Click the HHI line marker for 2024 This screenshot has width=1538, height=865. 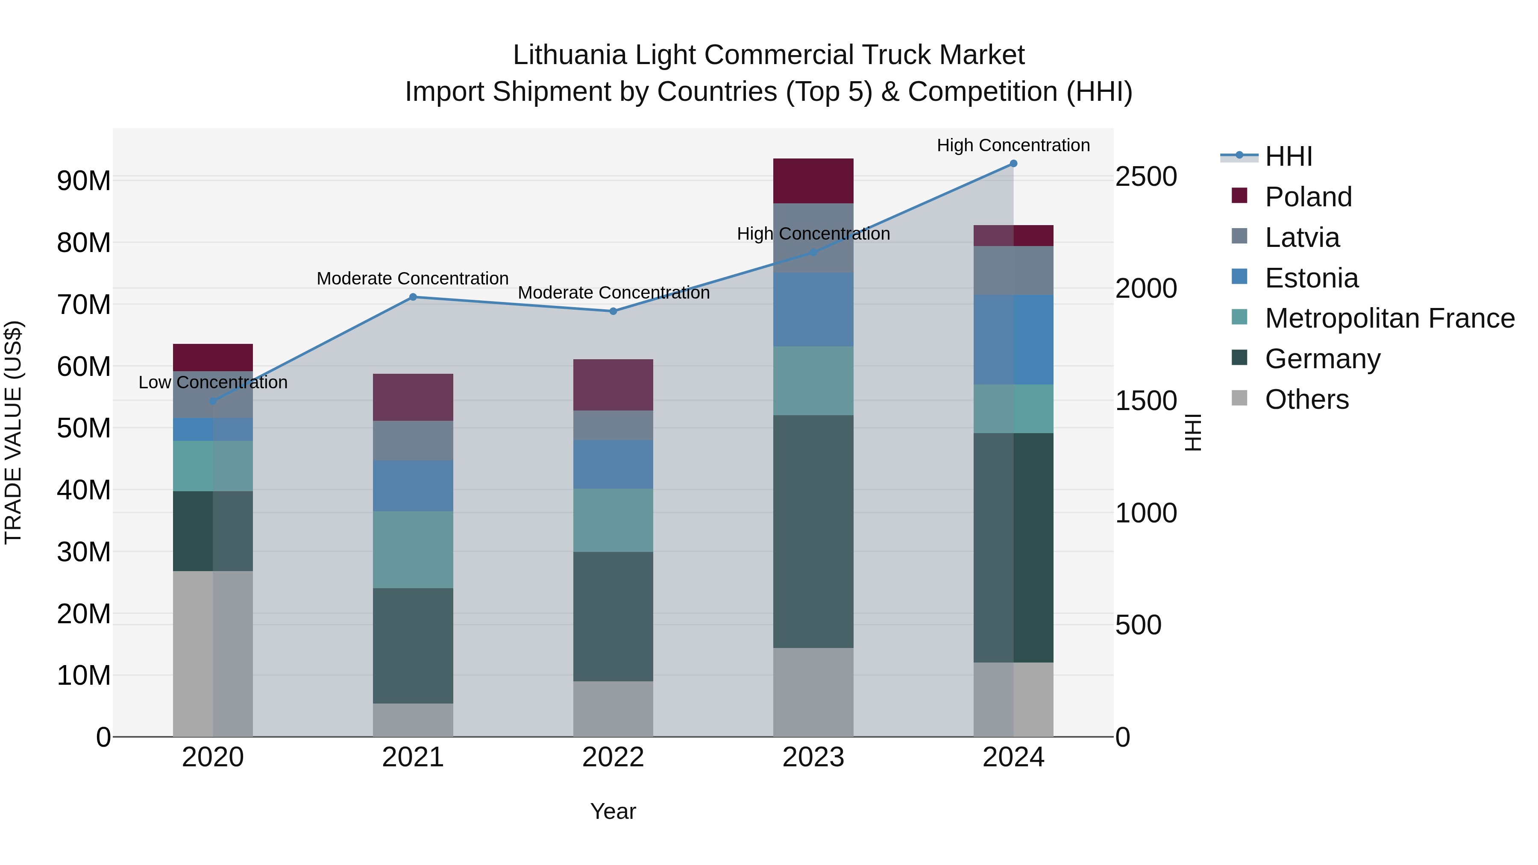coord(1013,164)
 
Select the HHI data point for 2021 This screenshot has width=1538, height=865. coord(413,297)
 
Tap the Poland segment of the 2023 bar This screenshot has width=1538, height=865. coord(813,181)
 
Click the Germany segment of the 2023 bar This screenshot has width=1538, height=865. coord(813,531)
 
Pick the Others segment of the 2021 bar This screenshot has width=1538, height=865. coord(413,720)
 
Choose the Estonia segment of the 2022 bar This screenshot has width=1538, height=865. coord(613,464)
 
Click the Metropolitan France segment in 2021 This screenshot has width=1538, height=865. coord(413,549)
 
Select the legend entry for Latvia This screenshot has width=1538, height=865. coord(1302,238)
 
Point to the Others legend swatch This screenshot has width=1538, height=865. coord(1239,398)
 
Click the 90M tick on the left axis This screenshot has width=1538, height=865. coord(84,180)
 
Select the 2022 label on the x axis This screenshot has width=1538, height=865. coord(613,757)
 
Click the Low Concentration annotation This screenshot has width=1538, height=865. coord(213,382)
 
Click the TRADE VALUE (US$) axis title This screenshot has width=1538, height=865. coord(13,432)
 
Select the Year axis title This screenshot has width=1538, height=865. coord(613,811)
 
